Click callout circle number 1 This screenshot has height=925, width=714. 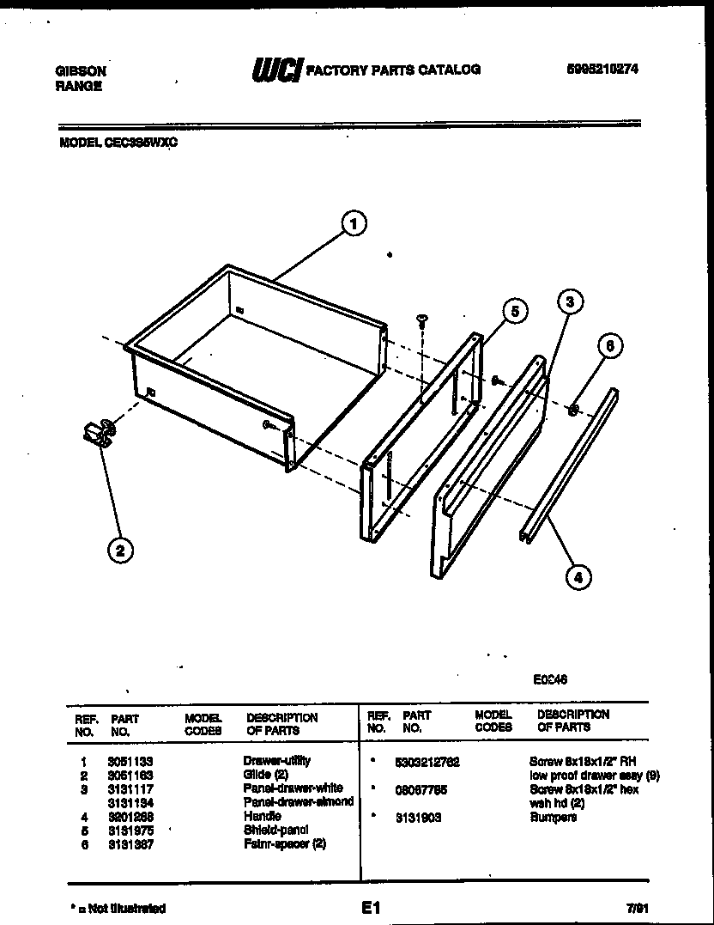[352, 224]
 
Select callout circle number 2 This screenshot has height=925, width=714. [119, 550]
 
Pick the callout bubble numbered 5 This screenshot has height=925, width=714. [513, 310]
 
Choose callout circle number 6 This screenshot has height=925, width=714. [609, 346]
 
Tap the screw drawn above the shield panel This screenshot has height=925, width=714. [421, 320]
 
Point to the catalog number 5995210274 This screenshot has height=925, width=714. [602, 70]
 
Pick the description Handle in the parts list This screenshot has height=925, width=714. [262, 816]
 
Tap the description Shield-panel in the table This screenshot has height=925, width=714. [275, 830]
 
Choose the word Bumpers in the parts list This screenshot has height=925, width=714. [553, 817]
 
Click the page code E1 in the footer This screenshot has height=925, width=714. [369, 907]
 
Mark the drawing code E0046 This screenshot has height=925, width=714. [550, 679]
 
